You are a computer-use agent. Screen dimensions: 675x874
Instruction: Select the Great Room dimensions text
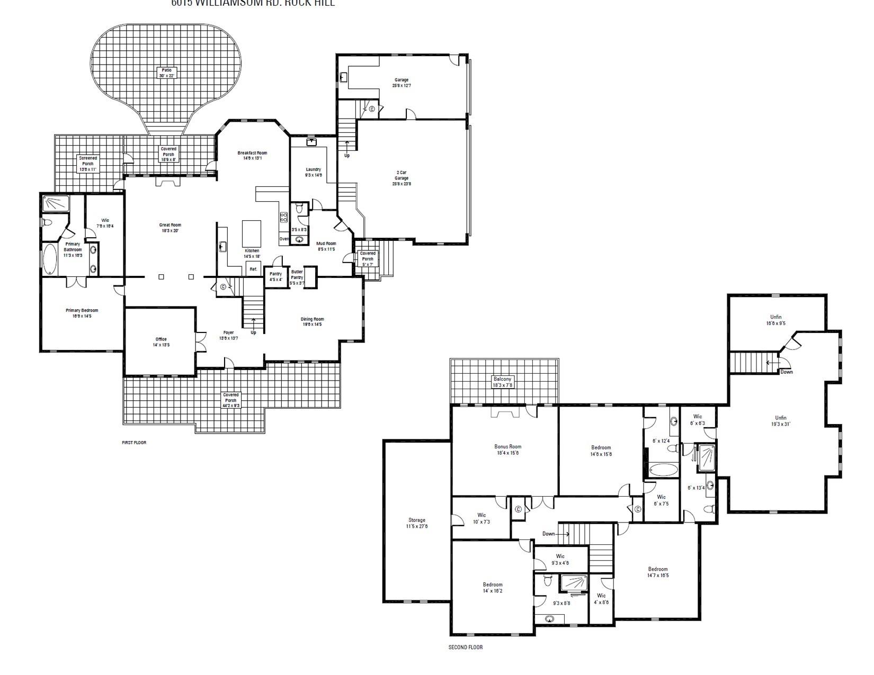pyautogui.click(x=170, y=231)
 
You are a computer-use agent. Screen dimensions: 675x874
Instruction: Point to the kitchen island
pyautogui.click(x=252, y=233)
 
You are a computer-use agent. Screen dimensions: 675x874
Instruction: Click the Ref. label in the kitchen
pyautogui.click(x=253, y=269)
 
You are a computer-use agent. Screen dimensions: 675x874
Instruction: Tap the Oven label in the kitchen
pyautogui.click(x=284, y=239)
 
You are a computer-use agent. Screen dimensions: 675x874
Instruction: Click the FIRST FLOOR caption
pyautogui.click(x=134, y=443)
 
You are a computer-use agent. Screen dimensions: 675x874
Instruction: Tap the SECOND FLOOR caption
pyautogui.click(x=465, y=647)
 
